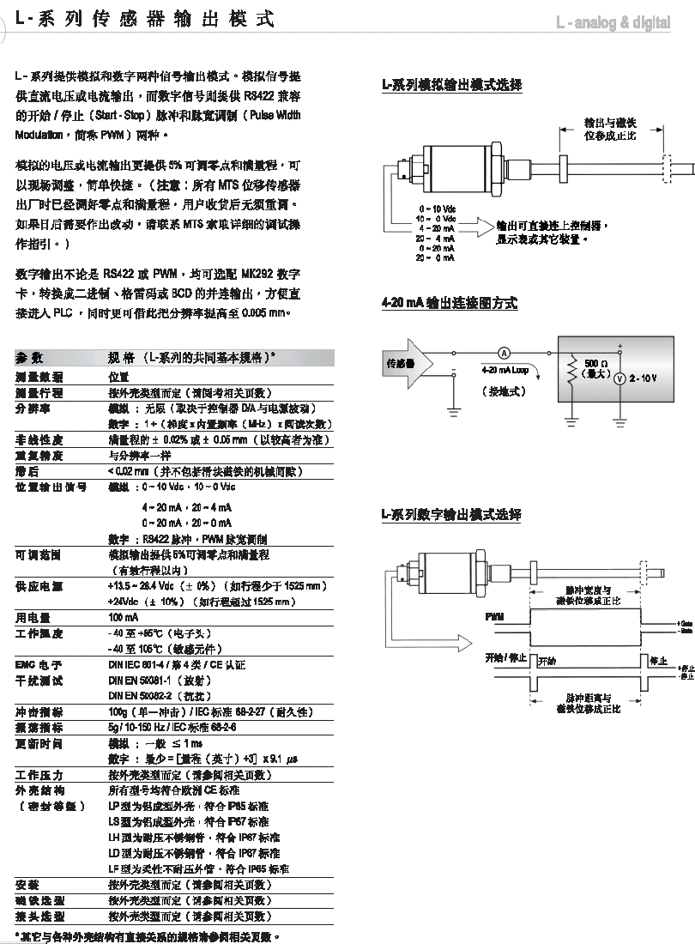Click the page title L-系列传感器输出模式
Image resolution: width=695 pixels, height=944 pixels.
pyautogui.click(x=145, y=20)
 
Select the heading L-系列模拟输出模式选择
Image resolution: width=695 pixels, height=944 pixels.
pyautogui.click(x=452, y=85)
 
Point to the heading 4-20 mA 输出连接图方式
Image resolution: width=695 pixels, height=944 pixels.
pyautogui.click(x=450, y=304)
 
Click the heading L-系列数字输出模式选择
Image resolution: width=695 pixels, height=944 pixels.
pyautogui.click(x=452, y=515)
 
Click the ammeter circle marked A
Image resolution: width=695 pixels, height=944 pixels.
pyautogui.click(x=505, y=352)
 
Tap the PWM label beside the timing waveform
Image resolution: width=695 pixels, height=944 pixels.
pyautogui.click(x=494, y=617)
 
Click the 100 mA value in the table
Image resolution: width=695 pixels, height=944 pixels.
pyautogui.click(x=123, y=617)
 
